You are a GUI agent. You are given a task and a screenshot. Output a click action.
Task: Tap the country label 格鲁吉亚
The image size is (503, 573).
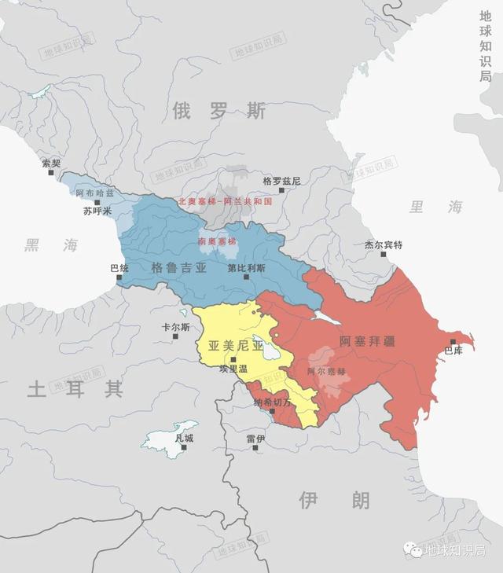click(x=179, y=268)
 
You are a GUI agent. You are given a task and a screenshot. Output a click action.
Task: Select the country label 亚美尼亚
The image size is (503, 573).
click(x=236, y=345)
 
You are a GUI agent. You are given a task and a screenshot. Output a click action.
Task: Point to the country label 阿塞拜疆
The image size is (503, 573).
click(x=367, y=341)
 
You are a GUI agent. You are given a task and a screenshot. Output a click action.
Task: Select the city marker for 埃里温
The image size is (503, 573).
click(x=233, y=359)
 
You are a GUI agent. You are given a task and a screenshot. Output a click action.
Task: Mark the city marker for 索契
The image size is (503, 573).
click(x=51, y=173)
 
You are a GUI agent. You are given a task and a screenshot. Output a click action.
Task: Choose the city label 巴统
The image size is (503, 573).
click(x=119, y=268)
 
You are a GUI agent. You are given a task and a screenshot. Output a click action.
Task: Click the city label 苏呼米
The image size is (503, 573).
click(x=98, y=211)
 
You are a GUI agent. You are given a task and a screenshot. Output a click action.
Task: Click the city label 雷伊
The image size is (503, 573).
click(x=255, y=439)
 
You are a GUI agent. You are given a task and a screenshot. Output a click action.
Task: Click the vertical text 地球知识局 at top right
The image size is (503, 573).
click(x=485, y=46)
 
